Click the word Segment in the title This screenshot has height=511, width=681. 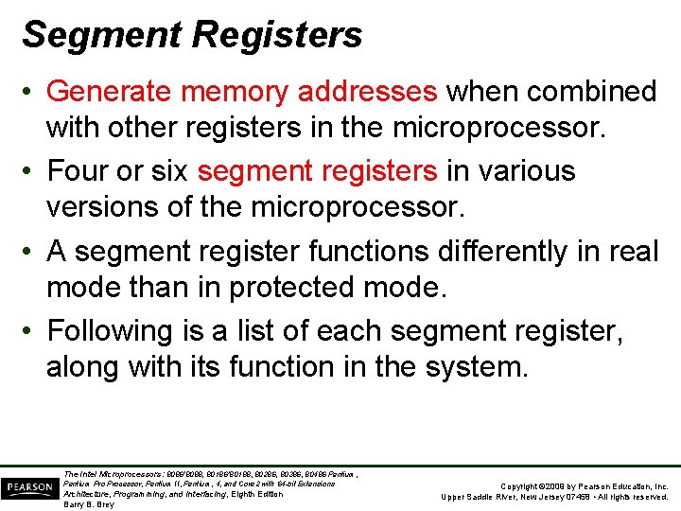[x=102, y=35]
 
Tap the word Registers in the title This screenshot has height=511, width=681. [x=276, y=35]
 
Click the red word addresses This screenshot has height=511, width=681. [x=368, y=91]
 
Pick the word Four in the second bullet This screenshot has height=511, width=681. [x=75, y=170]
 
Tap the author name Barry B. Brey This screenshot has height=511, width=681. [x=88, y=504]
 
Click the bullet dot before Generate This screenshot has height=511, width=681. [x=31, y=92]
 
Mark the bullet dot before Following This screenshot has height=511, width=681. [x=31, y=331]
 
